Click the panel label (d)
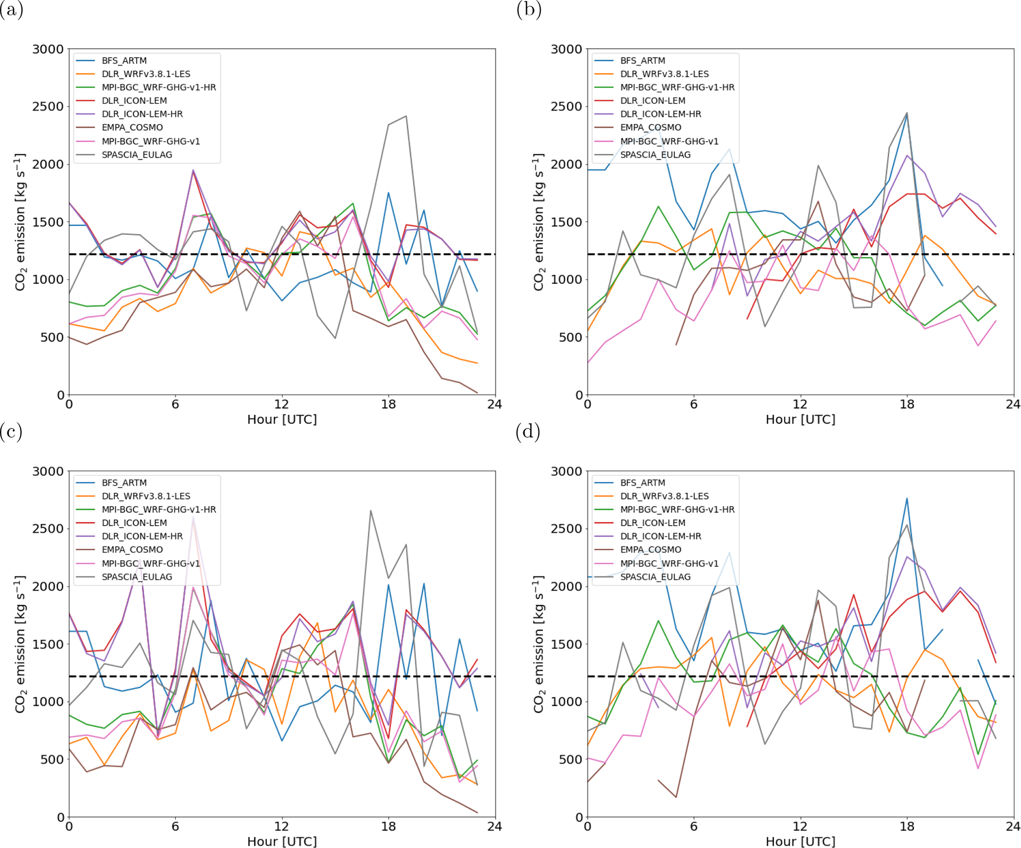(x=528, y=432)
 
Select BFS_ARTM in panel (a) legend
(x=124, y=61)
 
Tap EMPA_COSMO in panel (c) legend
(x=132, y=549)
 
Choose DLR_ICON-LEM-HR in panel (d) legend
(x=660, y=536)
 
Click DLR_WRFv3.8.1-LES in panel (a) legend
(x=146, y=74)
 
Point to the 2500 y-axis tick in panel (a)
(x=48, y=107)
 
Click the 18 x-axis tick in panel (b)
(x=907, y=405)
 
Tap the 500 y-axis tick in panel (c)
(x=52, y=759)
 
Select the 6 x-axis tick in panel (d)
(x=694, y=827)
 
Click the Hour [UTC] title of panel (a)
(x=282, y=420)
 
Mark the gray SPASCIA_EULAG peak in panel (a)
(x=406, y=116)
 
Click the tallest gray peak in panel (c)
(x=370, y=511)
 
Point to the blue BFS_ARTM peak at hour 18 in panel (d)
(x=907, y=499)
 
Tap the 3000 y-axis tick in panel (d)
(x=566, y=471)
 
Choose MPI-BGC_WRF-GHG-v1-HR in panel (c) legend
(x=159, y=509)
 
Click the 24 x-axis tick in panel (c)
(x=494, y=827)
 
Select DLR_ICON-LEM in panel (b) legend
(x=653, y=101)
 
